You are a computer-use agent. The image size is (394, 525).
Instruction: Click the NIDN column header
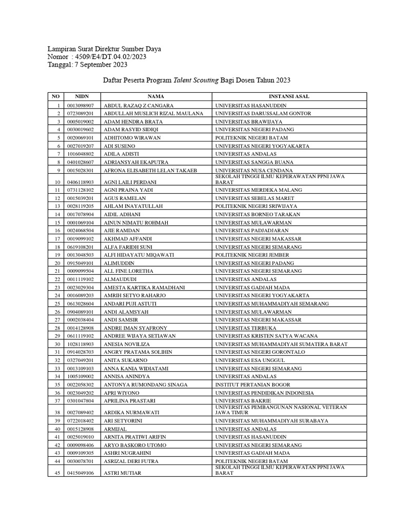tap(82, 96)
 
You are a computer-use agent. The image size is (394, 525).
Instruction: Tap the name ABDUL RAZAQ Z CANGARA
tap(139, 105)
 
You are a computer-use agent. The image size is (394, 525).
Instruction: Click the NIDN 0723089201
tap(80, 113)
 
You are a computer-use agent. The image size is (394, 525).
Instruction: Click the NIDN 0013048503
tap(80, 255)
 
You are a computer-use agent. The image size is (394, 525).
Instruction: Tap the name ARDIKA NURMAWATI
tap(131, 412)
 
